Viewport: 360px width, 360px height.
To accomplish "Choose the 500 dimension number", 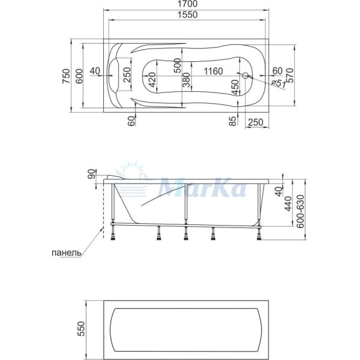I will pyautogui.click(x=177, y=65).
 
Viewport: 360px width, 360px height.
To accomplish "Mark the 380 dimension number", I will pyautogui.click(x=187, y=80).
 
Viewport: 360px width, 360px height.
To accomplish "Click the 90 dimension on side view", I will pyautogui.click(x=92, y=175).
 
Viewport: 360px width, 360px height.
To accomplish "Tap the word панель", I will pyautogui.click(x=64, y=253).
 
